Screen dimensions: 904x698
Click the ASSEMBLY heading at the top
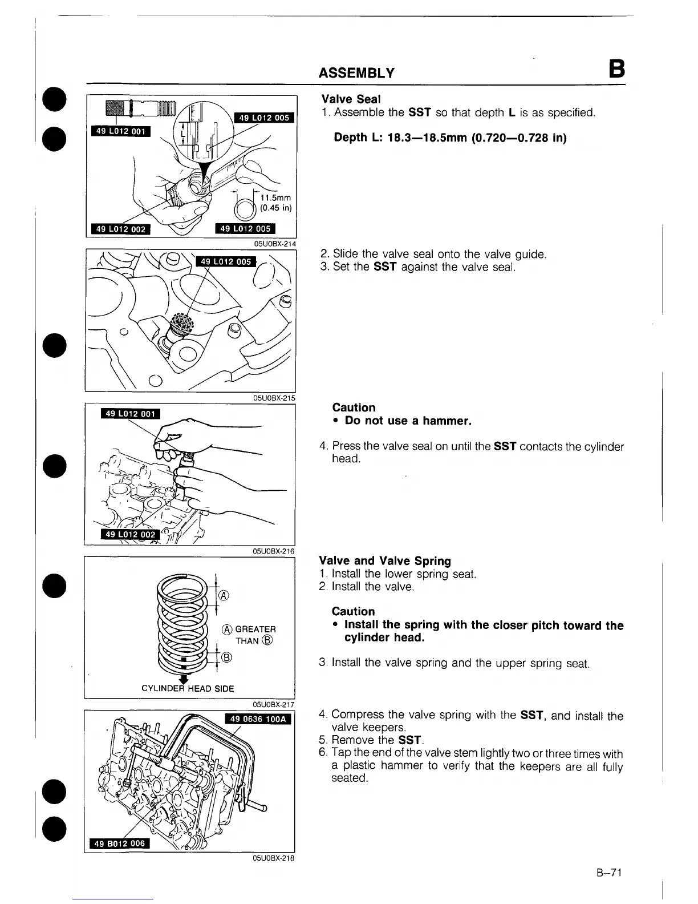click(x=356, y=72)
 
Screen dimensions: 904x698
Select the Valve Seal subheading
click(x=351, y=99)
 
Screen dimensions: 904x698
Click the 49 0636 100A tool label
click(x=258, y=719)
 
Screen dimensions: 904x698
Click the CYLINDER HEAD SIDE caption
click(x=188, y=688)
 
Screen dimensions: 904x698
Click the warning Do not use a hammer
click(x=408, y=421)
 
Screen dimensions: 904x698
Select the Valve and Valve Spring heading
click(x=385, y=561)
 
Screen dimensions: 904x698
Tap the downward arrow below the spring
click(x=184, y=679)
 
